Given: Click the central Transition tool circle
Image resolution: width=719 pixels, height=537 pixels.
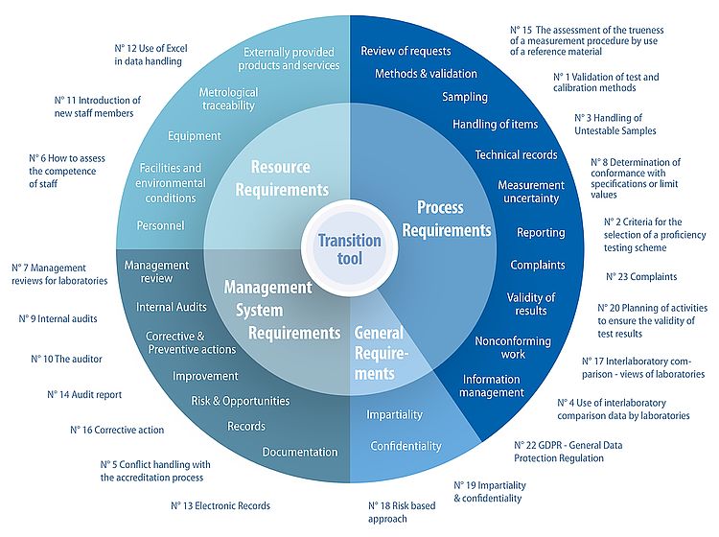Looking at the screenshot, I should click(x=349, y=249).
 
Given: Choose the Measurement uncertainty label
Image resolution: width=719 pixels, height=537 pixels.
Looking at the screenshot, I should click(x=528, y=192).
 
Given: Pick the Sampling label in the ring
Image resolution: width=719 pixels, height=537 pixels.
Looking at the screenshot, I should click(x=465, y=97).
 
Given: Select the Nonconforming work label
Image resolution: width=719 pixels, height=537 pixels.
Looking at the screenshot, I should click(x=513, y=347).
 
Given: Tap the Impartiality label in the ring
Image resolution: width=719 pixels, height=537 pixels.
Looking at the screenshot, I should click(x=395, y=414).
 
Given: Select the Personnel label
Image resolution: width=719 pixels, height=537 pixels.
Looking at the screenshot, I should click(x=160, y=226).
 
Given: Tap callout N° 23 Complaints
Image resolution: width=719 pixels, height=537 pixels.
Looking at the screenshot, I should click(x=641, y=277).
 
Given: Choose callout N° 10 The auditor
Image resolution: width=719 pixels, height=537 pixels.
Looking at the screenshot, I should click(x=66, y=359).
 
